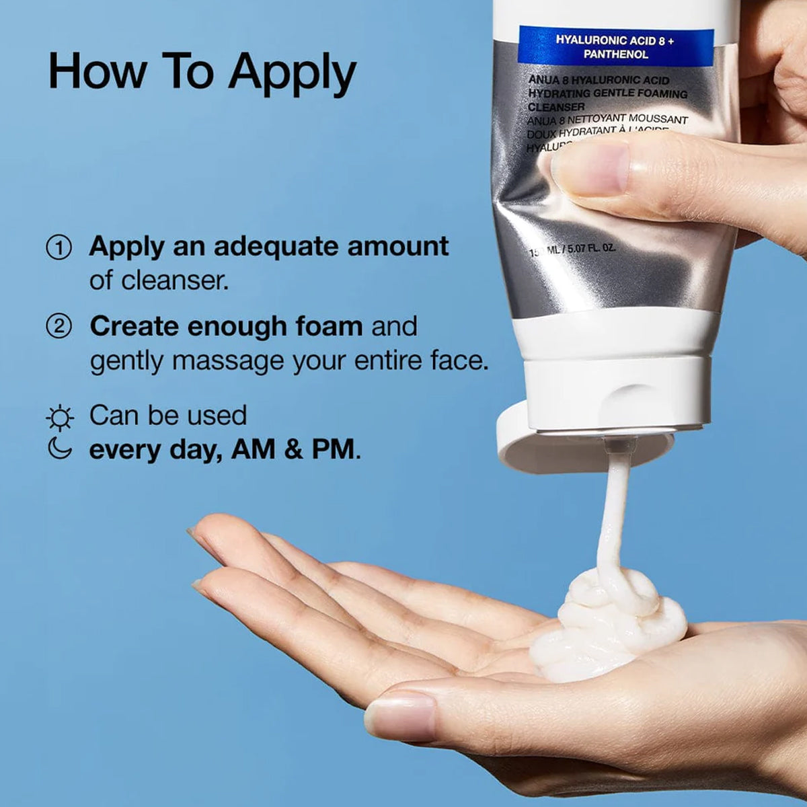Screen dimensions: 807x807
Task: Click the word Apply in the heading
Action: point(292,73)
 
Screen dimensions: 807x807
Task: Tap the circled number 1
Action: point(59,247)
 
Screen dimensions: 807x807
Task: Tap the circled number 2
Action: point(59,327)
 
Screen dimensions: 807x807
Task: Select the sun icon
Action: point(60,418)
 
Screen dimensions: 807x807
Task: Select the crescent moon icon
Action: point(60,449)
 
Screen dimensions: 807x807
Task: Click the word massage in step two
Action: point(228,361)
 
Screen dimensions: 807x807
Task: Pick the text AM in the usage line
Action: point(253,449)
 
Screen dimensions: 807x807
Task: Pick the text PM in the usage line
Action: point(332,449)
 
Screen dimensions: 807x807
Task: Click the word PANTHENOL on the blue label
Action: point(615,54)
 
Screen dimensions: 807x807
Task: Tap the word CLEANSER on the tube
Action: point(556,107)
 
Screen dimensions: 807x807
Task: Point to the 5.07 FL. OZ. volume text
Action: point(591,249)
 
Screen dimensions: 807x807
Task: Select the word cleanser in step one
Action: point(175,280)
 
